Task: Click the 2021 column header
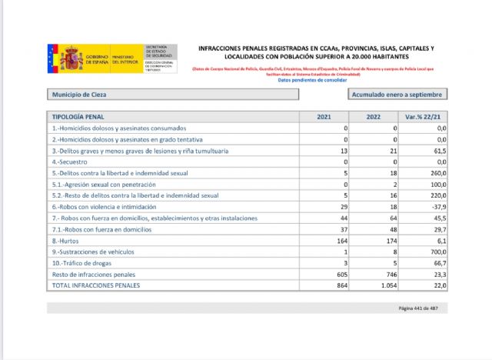[x=326, y=116]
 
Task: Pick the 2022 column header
[x=374, y=116]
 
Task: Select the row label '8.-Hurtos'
[x=65, y=241]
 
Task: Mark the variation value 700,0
[x=437, y=252]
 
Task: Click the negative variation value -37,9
[x=437, y=207]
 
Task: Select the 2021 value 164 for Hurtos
[x=342, y=241]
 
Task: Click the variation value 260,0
[x=437, y=174]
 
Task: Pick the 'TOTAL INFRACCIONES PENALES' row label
[x=96, y=285]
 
